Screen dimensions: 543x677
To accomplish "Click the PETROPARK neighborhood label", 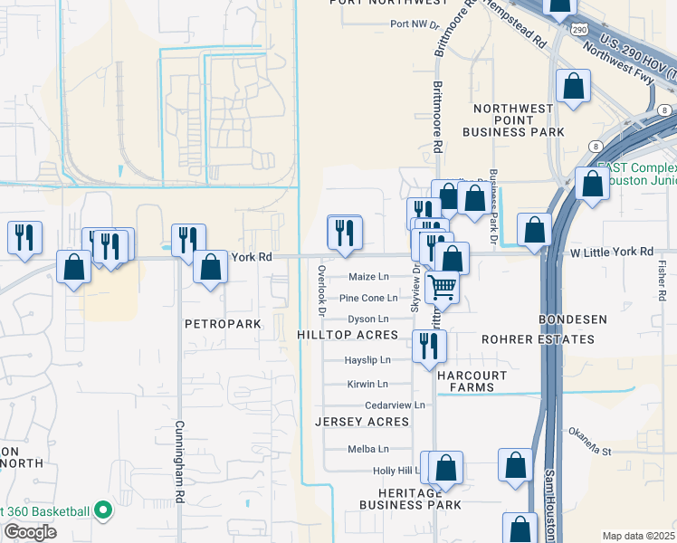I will [x=222, y=323].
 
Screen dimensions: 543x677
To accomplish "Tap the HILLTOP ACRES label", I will [x=348, y=335].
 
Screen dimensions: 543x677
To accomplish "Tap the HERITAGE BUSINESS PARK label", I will [x=410, y=497].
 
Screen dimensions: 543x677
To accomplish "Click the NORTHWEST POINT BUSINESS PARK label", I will [x=513, y=120].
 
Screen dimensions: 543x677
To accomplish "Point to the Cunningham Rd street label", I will [x=179, y=462].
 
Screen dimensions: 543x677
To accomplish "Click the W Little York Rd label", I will [x=614, y=252].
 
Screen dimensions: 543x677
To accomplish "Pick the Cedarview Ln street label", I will [x=395, y=405].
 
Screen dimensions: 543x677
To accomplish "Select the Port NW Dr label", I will [x=414, y=24].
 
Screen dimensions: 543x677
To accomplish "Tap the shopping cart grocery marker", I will [x=443, y=286].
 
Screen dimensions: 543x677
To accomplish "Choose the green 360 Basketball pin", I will [x=103, y=511].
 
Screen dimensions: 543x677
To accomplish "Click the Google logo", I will [x=29, y=531].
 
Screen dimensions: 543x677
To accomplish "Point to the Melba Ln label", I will [x=368, y=449].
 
